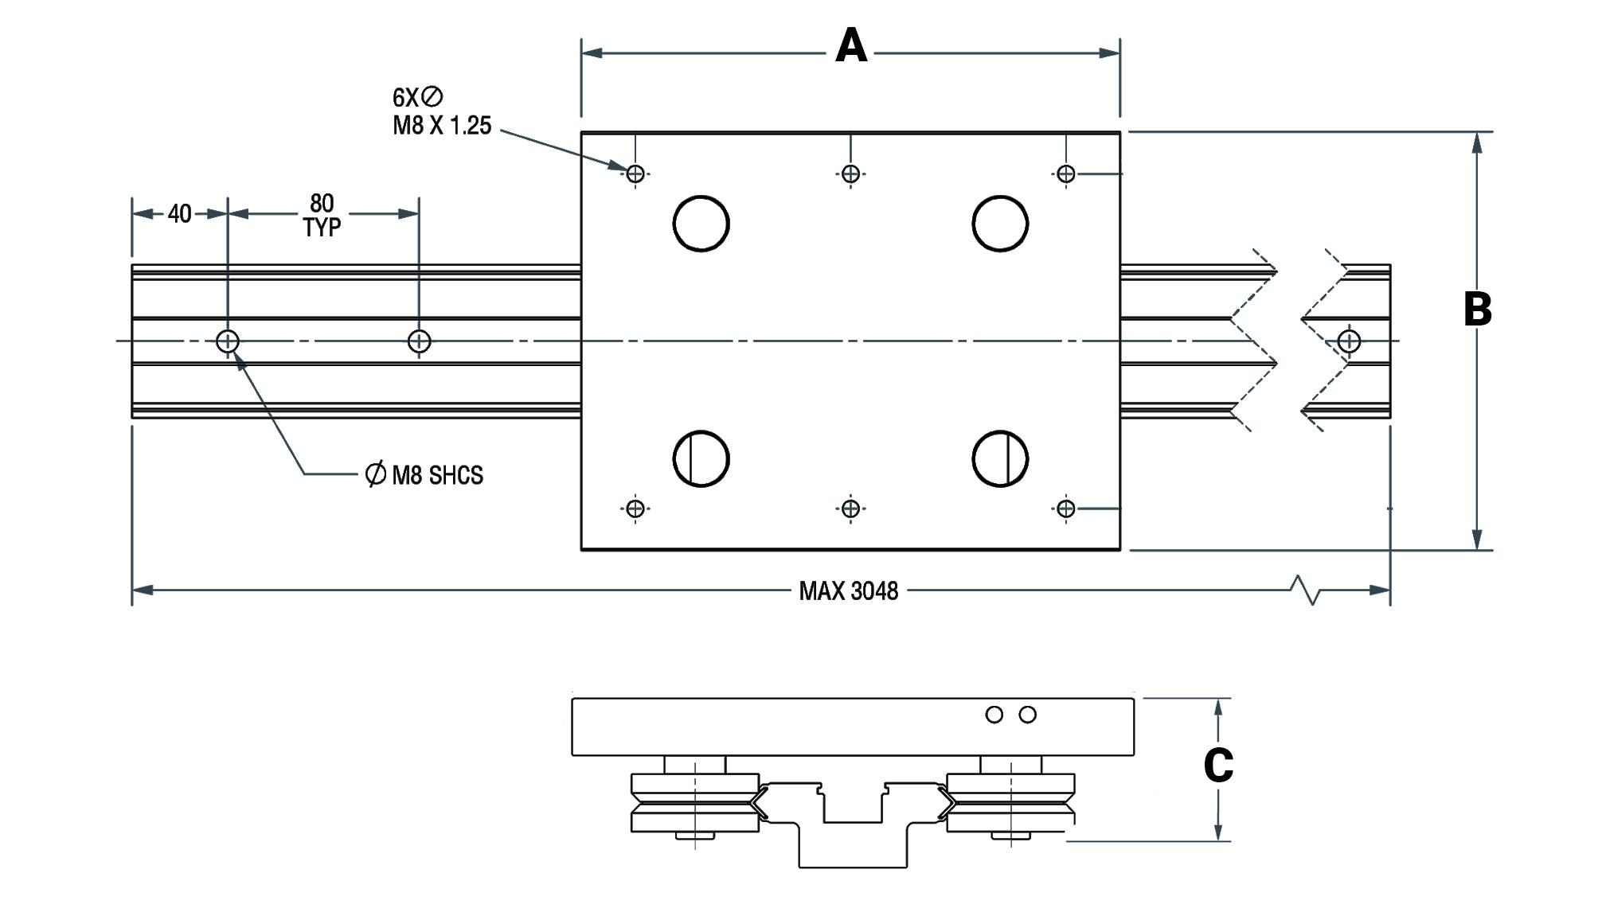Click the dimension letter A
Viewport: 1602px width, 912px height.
click(x=850, y=45)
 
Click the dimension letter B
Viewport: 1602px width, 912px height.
click(x=1478, y=310)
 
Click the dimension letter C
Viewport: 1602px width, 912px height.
click(x=1218, y=766)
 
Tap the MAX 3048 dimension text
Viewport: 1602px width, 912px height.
click(x=849, y=591)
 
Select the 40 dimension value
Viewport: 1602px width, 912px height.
click(x=179, y=214)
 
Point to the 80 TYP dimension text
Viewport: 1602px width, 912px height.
click(x=322, y=215)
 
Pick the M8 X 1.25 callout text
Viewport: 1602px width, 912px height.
click(x=442, y=126)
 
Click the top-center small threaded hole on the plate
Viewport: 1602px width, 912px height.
click(x=850, y=173)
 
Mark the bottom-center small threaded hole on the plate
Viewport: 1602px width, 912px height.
click(x=850, y=508)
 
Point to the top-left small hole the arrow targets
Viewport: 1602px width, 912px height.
click(x=635, y=173)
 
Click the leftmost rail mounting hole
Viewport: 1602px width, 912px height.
click(x=228, y=341)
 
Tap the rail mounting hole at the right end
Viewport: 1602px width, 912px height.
click(x=1349, y=341)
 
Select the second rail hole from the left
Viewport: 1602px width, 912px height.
click(x=420, y=341)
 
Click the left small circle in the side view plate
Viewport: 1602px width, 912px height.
click(x=994, y=715)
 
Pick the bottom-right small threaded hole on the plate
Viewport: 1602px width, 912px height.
click(x=1065, y=508)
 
